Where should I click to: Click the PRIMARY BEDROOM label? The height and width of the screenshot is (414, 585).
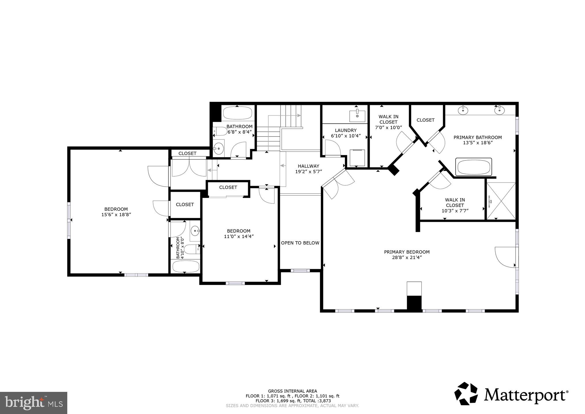pyautogui.click(x=406, y=252)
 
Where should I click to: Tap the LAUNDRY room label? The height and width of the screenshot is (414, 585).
pyautogui.click(x=346, y=130)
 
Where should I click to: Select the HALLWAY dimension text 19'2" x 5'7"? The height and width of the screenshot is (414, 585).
pyautogui.click(x=308, y=172)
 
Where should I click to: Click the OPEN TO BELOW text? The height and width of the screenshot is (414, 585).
pyautogui.click(x=300, y=243)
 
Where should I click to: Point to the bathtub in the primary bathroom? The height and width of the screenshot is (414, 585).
pyautogui.click(x=473, y=167)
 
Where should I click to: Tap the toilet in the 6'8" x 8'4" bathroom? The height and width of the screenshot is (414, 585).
pyautogui.click(x=221, y=132)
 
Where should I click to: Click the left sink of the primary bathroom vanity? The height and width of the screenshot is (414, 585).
pyautogui.click(x=463, y=110)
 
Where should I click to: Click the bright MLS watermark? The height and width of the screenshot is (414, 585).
pyautogui.click(x=34, y=403)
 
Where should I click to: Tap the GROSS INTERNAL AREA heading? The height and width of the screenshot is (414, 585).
pyautogui.click(x=292, y=391)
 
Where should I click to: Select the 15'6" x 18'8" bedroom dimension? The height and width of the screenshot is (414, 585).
pyautogui.click(x=116, y=214)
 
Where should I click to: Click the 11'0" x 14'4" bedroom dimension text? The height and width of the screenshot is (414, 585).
pyautogui.click(x=239, y=236)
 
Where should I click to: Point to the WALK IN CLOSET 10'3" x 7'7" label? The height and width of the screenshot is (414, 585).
pyautogui.click(x=455, y=205)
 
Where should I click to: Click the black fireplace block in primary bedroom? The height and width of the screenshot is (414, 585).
pyautogui.click(x=414, y=303)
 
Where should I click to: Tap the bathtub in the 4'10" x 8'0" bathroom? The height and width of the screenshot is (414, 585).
pyautogui.click(x=185, y=267)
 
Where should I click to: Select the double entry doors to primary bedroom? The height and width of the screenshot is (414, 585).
pyautogui.click(x=338, y=184)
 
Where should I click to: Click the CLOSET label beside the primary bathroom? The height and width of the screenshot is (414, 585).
pyautogui.click(x=425, y=120)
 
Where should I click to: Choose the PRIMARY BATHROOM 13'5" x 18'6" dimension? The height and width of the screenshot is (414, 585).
pyautogui.click(x=477, y=143)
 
